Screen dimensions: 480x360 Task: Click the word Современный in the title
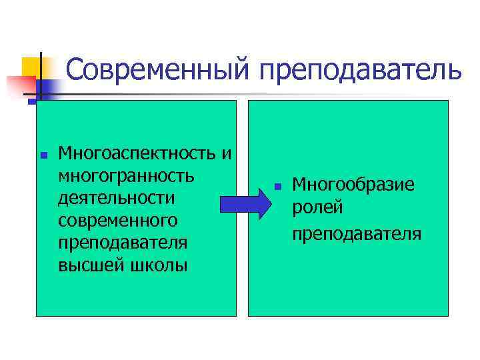(159, 70)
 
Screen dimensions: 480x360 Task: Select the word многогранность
(127, 177)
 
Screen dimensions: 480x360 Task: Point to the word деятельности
(117, 199)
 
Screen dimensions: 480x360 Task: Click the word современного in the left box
(118, 221)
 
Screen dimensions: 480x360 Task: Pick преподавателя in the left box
(123, 243)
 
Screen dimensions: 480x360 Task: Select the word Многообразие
(353, 184)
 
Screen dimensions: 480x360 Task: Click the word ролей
(317, 208)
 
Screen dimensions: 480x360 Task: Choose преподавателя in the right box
(356, 233)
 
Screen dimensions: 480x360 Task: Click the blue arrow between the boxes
(243, 201)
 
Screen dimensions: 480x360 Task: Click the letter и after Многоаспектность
(227, 155)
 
